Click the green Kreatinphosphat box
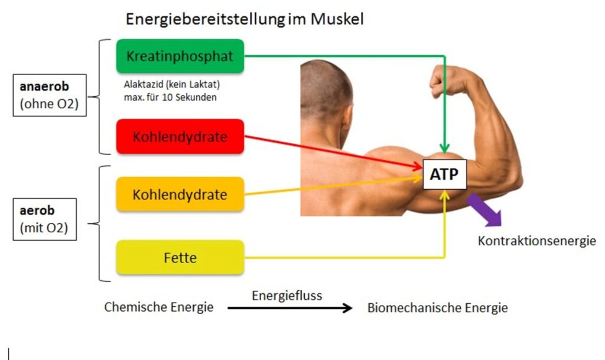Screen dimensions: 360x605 [x=180, y=56]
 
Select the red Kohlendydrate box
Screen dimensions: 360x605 [x=180, y=137]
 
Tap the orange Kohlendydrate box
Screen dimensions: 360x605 [x=180, y=194]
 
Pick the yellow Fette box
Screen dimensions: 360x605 [x=180, y=257]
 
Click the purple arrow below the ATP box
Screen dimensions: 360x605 [x=485, y=210]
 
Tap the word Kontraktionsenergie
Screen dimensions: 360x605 [x=536, y=241]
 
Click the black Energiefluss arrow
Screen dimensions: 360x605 [x=290, y=308]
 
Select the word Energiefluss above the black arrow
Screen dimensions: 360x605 [x=287, y=295]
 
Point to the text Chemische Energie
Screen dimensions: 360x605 [x=158, y=307]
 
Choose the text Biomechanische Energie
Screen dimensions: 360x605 [x=437, y=308]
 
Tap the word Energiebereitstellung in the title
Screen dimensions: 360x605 [x=204, y=20]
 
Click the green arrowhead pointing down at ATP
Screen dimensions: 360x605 [x=445, y=148]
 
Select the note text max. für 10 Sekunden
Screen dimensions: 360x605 [x=170, y=97]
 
